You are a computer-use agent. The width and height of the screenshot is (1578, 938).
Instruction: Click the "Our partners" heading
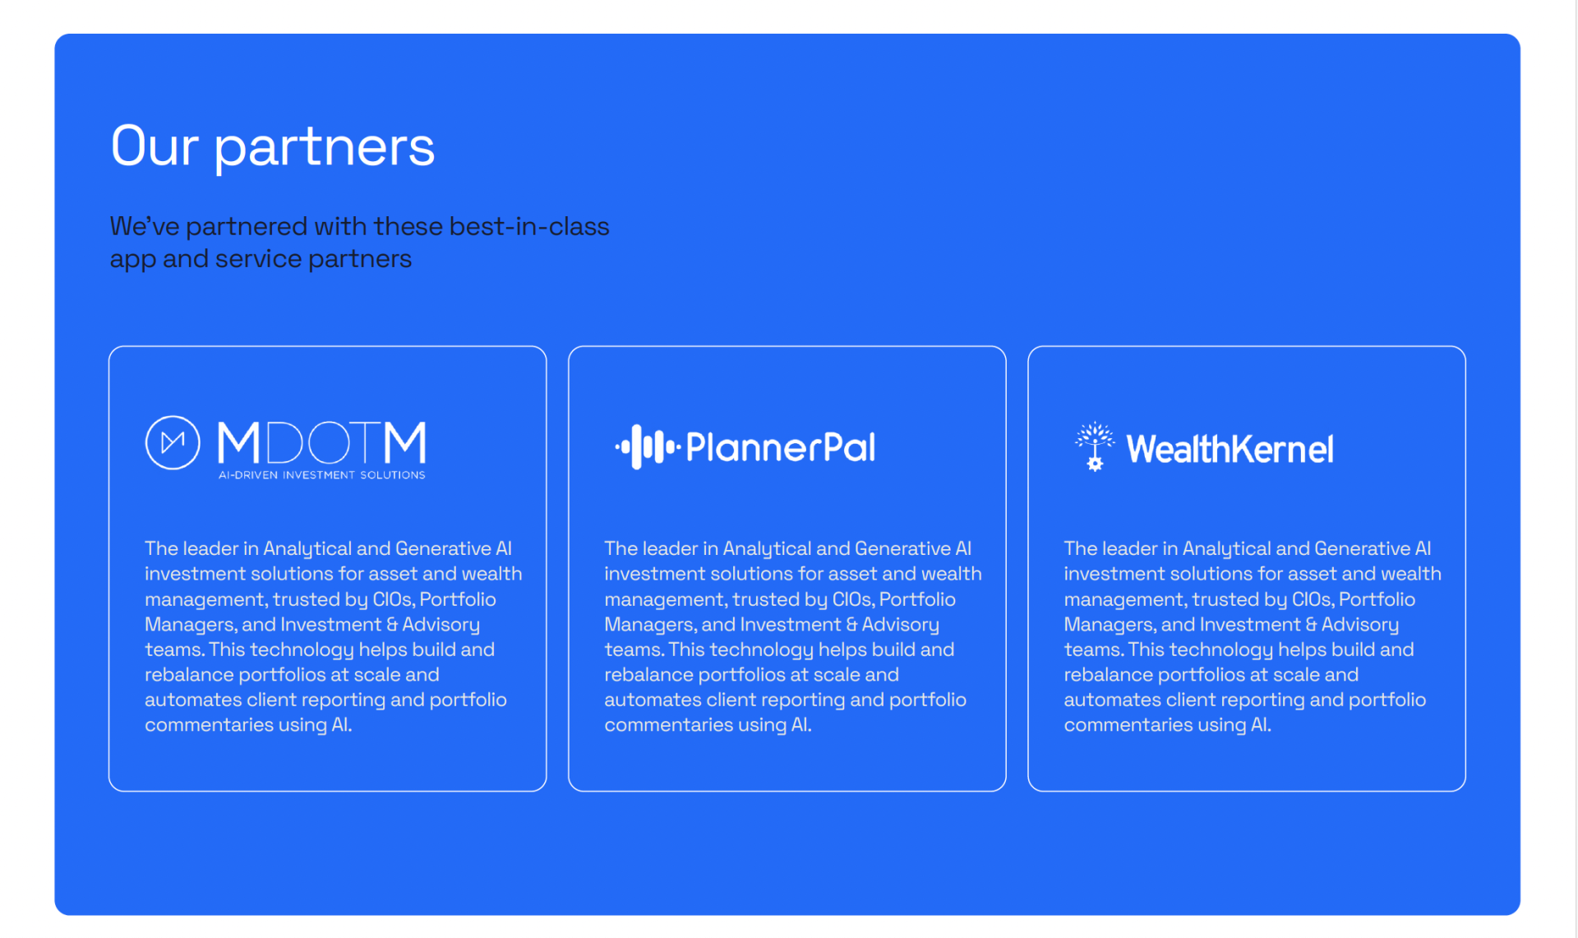click(x=272, y=147)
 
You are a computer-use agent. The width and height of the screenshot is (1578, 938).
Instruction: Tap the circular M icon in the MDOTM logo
click(x=173, y=442)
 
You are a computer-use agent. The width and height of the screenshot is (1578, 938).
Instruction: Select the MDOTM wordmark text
click(x=321, y=442)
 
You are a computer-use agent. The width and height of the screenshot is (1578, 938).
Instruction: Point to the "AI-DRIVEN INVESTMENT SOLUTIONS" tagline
click(x=321, y=475)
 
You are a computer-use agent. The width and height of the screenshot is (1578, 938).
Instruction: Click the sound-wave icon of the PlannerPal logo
click(x=648, y=446)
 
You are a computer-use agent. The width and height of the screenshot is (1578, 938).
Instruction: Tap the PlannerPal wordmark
click(x=780, y=447)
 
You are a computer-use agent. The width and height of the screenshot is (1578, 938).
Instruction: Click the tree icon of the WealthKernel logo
click(x=1095, y=446)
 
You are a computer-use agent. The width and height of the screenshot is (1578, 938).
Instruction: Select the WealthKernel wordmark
click(x=1230, y=449)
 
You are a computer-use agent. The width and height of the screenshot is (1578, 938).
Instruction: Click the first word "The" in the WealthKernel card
click(x=1080, y=548)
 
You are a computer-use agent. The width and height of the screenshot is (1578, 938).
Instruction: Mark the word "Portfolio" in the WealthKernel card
click(x=1377, y=599)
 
